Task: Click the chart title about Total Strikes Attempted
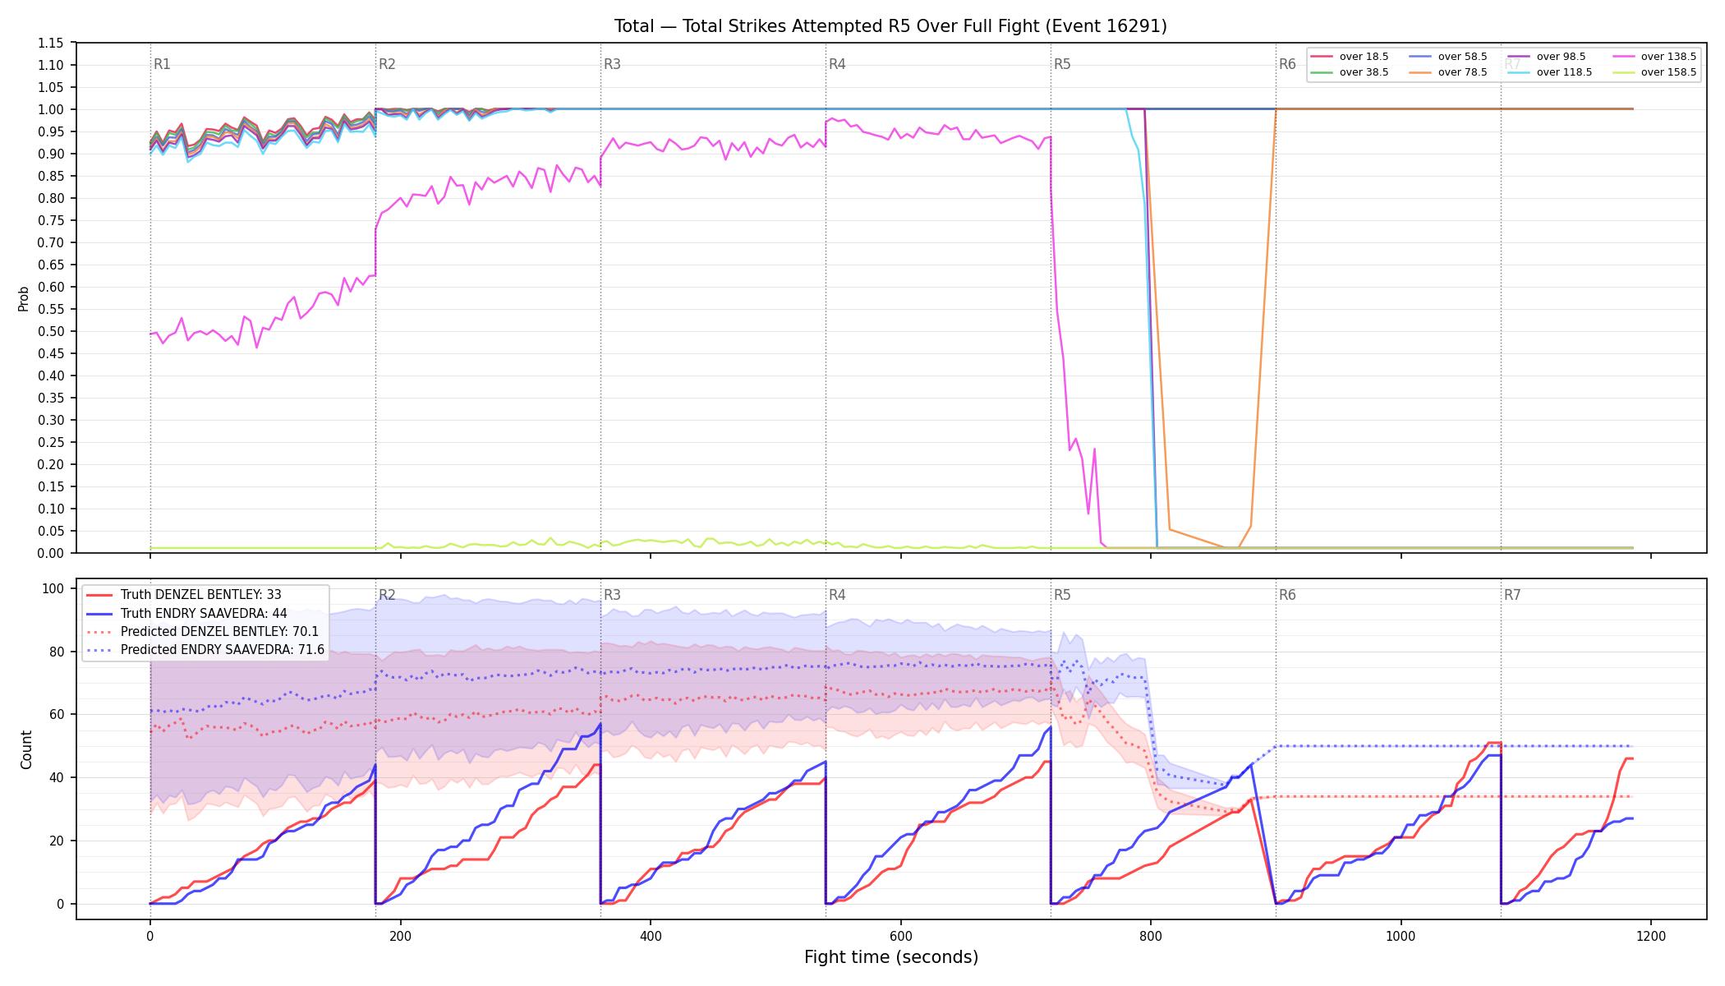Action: click(x=890, y=26)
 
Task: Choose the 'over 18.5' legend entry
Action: click(x=1350, y=57)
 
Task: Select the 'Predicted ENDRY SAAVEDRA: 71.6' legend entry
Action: click(x=205, y=650)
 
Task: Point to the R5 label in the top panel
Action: click(x=1062, y=64)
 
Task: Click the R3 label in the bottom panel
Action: click(x=612, y=595)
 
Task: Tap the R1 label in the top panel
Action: click(x=162, y=64)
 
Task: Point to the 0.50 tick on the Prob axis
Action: click(x=51, y=332)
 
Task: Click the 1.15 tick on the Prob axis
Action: click(x=51, y=44)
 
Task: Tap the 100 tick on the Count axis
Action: click(x=53, y=588)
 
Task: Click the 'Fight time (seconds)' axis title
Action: click(x=891, y=957)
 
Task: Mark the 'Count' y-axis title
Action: click(x=26, y=749)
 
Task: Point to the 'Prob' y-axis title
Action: click(x=24, y=298)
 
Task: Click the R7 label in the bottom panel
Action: click(x=1512, y=595)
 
